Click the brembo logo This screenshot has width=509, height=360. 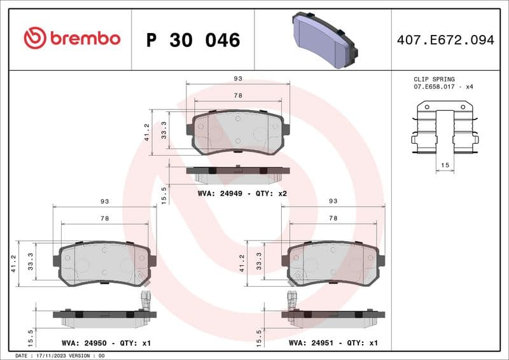click(71, 38)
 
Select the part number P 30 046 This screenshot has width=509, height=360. click(193, 40)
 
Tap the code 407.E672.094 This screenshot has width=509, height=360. click(445, 40)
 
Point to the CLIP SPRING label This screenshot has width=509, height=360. click(434, 80)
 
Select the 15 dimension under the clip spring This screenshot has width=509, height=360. click(444, 166)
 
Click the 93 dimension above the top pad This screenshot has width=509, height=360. click(238, 79)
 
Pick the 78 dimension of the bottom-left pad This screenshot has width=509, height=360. click(104, 218)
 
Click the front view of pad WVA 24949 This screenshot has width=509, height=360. click(238, 132)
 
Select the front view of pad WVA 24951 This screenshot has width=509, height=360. click(333, 263)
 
